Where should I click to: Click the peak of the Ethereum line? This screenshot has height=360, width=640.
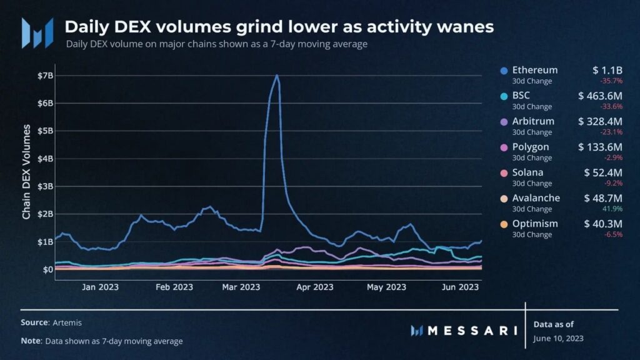277,76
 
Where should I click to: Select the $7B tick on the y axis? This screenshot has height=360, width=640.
45,76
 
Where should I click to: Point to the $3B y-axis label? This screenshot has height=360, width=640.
45,186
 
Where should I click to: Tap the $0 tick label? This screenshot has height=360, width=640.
47,269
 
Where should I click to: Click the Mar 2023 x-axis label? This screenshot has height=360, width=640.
241,287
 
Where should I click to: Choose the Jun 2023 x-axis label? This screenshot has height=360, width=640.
460,287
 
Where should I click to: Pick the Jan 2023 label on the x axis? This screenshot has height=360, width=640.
100,287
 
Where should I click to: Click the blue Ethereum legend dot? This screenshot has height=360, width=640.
504,71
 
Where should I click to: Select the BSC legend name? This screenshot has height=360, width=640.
521,96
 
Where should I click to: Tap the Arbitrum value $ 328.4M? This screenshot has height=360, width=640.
600,121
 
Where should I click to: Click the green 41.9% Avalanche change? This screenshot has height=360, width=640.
612,209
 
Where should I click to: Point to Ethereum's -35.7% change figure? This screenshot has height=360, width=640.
611,81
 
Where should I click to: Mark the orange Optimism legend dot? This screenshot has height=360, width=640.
504,224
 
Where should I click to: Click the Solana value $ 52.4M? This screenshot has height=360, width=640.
603,172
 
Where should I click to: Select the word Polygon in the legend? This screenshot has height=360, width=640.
531,147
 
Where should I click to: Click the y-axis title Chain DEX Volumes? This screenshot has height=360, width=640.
26,172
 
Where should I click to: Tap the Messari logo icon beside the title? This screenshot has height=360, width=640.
37,33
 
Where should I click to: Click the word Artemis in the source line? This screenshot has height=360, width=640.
67,322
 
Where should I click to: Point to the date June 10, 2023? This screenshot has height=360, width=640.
558,338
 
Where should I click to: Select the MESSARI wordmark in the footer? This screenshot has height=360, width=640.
472,331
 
